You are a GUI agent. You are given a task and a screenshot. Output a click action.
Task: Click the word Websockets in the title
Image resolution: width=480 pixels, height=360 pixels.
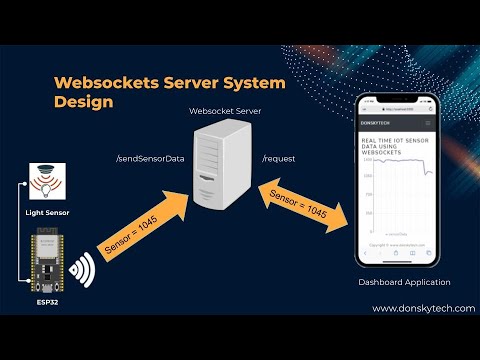point(99,82)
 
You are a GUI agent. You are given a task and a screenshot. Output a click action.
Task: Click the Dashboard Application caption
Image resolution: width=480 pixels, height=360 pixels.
point(404,283)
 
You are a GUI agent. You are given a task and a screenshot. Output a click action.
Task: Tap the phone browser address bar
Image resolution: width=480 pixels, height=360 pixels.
point(400,105)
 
